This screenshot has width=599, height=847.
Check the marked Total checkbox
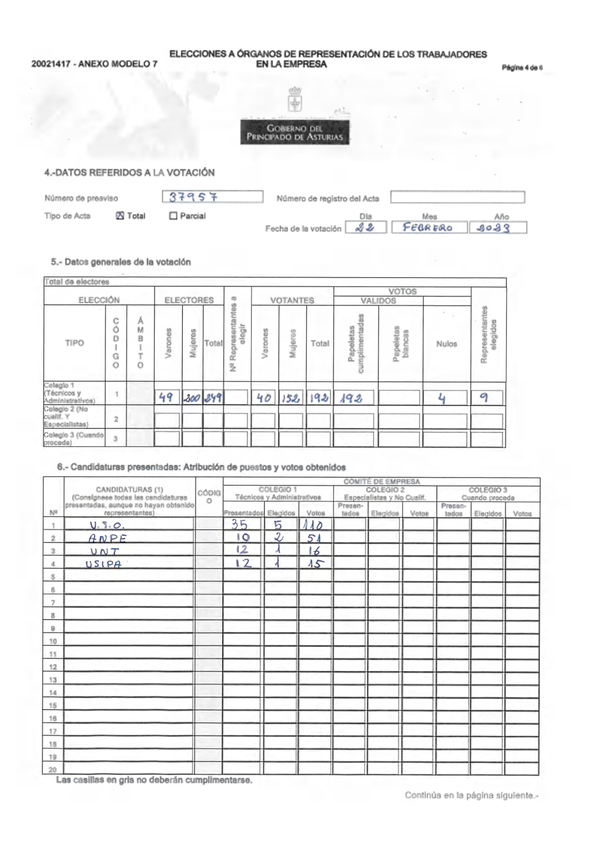click(119, 216)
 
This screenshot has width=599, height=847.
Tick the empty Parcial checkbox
click(174, 216)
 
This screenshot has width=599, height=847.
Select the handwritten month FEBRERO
click(428, 228)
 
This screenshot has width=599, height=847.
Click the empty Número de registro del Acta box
click(458, 197)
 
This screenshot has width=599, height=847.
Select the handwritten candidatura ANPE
click(107, 539)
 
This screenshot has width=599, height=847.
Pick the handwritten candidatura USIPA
click(104, 564)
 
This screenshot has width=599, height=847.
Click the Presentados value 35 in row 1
click(240, 525)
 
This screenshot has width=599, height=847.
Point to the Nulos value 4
click(442, 397)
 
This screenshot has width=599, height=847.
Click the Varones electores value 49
click(166, 397)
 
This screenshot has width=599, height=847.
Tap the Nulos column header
click(446, 344)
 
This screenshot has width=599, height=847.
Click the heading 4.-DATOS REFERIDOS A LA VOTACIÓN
click(129, 173)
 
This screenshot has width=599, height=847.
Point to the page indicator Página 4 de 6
click(522, 68)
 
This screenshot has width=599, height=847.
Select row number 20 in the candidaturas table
click(53, 769)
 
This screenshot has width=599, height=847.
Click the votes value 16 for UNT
click(313, 551)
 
